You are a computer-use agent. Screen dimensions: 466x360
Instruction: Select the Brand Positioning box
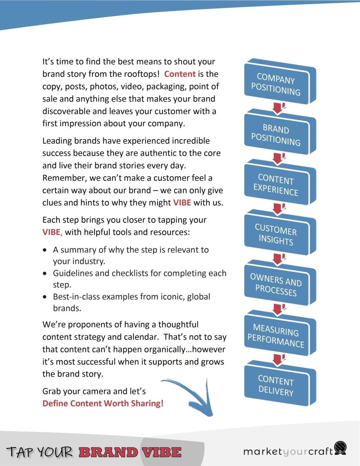click(276, 135)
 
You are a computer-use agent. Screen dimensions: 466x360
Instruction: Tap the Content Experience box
click(276, 185)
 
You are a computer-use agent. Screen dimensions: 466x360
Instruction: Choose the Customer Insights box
click(276, 235)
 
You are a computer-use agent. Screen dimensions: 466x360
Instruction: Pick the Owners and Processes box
click(276, 285)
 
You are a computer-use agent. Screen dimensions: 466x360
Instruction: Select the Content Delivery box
click(276, 386)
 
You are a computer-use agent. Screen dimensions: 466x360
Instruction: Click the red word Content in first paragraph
click(180, 74)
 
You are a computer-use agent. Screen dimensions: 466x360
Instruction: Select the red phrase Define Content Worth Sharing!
click(103, 403)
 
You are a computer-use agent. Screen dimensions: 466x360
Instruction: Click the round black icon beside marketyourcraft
click(341, 448)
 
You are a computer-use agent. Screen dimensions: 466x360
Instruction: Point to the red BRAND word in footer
click(108, 452)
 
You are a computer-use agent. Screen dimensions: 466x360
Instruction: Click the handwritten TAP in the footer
click(20, 452)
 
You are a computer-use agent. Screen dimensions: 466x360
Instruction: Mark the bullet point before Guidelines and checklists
click(46, 273)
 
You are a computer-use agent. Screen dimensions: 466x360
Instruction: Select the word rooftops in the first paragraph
click(141, 74)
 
